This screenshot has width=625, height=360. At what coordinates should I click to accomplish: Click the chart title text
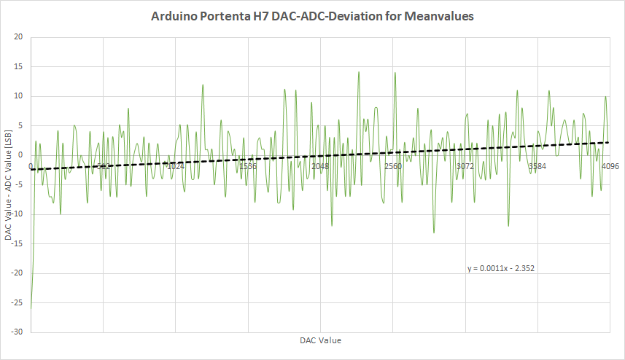(x=312, y=15)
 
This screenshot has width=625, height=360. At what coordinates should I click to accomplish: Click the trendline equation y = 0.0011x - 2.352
(x=502, y=268)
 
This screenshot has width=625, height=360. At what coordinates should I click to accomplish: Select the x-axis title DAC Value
(x=319, y=340)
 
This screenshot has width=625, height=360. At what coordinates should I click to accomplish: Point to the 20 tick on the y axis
(x=18, y=37)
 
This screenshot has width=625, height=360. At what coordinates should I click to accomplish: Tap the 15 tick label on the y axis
(x=18, y=66)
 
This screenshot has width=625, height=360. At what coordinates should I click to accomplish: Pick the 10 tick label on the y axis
(x=18, y=96)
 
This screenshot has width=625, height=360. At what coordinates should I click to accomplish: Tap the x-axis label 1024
(x=175, y=166)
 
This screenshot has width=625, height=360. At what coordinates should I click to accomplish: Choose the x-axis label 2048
(x=320, y=166)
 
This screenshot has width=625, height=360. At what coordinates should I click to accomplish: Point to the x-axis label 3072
(x=465, y=166)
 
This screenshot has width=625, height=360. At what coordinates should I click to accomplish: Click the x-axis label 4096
(x=610, y=166)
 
